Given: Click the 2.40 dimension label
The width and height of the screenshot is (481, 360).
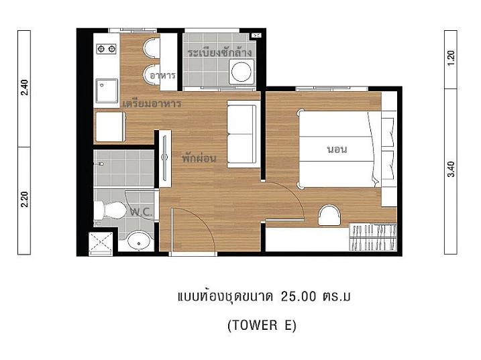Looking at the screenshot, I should point(25,88).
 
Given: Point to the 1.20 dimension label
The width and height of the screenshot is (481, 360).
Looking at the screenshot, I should point(451,58).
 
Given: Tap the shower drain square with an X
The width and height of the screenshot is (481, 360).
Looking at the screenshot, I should point(103,242).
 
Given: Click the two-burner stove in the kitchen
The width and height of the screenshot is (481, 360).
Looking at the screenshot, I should point(107,49).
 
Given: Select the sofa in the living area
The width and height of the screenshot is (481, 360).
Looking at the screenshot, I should point(242,133).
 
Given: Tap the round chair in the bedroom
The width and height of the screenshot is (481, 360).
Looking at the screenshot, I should point(329,216).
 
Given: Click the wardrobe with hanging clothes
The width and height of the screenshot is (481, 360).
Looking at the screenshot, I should point(374,237).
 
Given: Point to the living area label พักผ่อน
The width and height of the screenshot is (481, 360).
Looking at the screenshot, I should point(199,159).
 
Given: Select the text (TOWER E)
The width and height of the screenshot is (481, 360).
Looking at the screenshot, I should point(262,325).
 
